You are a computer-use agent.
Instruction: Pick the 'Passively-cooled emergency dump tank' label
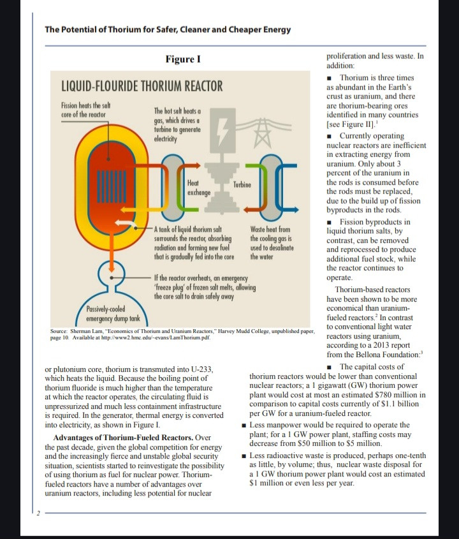(112, 314)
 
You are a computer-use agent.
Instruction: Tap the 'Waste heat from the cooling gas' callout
(270, 242)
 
